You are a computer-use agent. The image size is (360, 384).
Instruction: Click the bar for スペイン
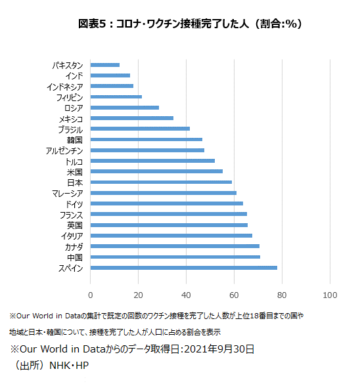(183, 268)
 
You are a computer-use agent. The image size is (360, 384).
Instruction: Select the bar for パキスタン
(105, 65)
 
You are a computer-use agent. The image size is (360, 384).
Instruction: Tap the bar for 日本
(161, 182)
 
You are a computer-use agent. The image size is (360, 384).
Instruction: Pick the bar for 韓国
(146, 140)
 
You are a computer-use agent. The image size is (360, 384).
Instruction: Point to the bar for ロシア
(125, 108)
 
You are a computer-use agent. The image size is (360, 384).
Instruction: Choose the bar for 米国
(156, 171)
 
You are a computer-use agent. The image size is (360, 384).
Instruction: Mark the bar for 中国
(175, 257)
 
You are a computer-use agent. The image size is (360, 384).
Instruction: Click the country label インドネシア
(65, 87)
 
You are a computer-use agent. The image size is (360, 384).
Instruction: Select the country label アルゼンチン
(64, 150)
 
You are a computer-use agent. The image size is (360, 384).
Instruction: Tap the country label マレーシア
(68, 194)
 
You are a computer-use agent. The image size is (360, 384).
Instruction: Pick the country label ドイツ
(74, 204)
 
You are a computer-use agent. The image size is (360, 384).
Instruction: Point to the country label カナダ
(74, 247)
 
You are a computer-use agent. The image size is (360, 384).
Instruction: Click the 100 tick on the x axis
(330, 295)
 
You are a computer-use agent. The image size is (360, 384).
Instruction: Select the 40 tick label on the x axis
(186, 295)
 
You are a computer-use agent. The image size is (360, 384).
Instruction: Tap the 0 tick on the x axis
(91, 295)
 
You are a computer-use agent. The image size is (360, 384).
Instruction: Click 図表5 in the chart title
(92, 24)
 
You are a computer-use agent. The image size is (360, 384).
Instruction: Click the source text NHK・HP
(69, 366)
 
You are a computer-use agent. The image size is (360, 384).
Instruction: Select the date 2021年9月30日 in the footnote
(219, 349)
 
